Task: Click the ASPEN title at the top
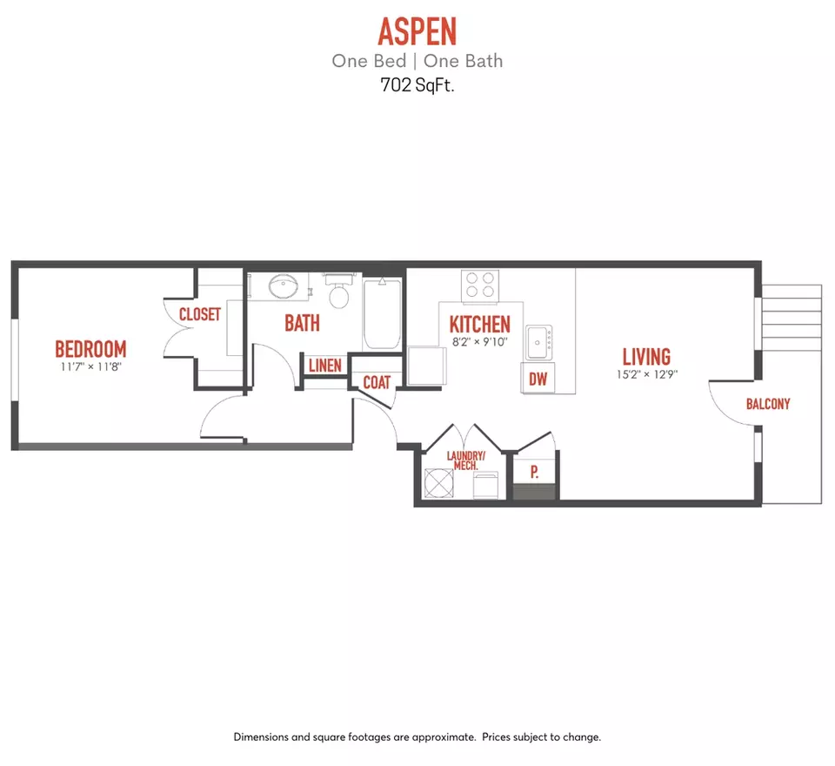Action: point(417,31)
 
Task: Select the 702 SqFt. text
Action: point(417,85)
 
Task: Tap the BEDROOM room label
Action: point(91,349)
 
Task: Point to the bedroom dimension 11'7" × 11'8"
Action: point(91,366)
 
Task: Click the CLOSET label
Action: point(200,314)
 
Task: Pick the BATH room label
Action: point(302,323)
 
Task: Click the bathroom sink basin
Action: point(284,286)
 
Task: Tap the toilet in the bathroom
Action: point(339,291)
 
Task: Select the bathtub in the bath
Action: point(382,313)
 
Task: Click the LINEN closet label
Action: point(324,366)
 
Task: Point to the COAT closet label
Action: point(377,382)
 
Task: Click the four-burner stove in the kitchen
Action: point(480,286)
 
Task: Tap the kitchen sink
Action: point(539,342)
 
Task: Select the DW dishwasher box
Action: point(538,379)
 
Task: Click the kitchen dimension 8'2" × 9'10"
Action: point(480,342)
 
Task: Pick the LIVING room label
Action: point(646,357)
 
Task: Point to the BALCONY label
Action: point(768,404)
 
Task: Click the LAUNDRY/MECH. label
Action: point(466,460)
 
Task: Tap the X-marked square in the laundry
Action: point(439,483)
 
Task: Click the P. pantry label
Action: point(535,472)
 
